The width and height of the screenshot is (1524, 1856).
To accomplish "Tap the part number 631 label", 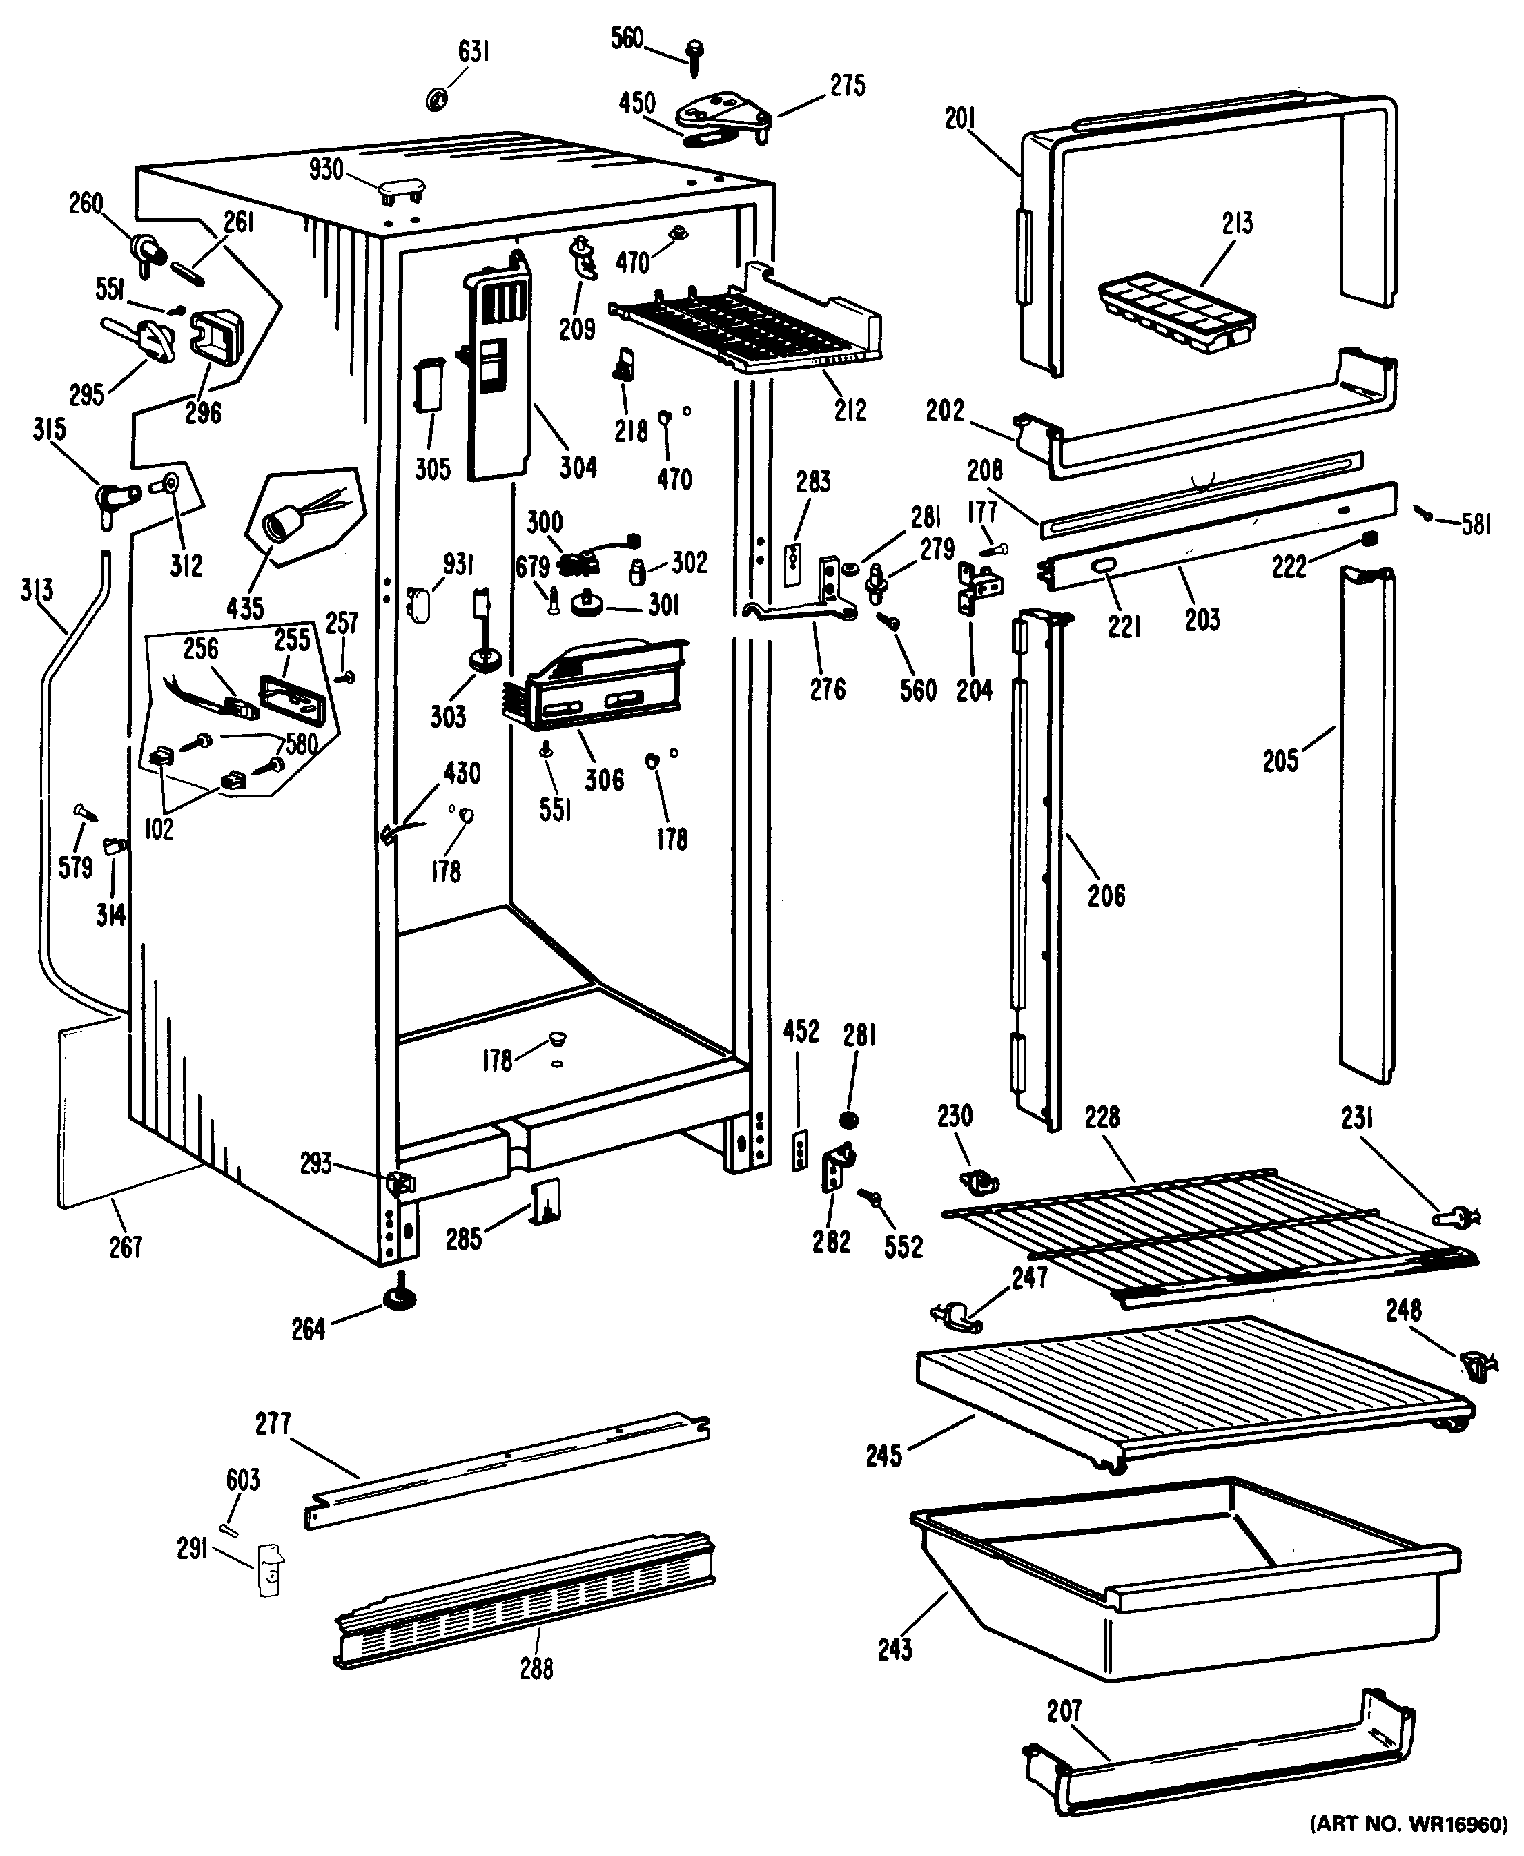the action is (x=474, y=52).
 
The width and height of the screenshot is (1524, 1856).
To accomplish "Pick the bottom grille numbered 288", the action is (x=524, y=1601).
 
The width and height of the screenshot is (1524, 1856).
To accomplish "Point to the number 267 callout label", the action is (x=126, y=1247).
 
